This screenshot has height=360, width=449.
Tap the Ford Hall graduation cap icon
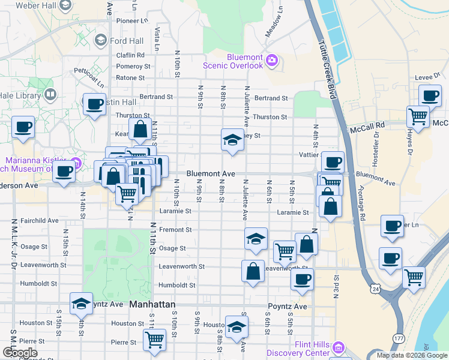point(100,41)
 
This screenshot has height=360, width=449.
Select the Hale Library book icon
point(50,94)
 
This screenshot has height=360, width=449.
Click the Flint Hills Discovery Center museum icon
point(338,347)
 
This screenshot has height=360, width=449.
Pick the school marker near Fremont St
point(256,239)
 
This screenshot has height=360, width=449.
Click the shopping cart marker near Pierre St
point(155,340)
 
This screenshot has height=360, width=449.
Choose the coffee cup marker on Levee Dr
point(430,95)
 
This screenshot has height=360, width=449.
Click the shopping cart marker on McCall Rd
point(418,116)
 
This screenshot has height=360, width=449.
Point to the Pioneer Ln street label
point(131,20)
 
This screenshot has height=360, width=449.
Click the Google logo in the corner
point(19,353)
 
